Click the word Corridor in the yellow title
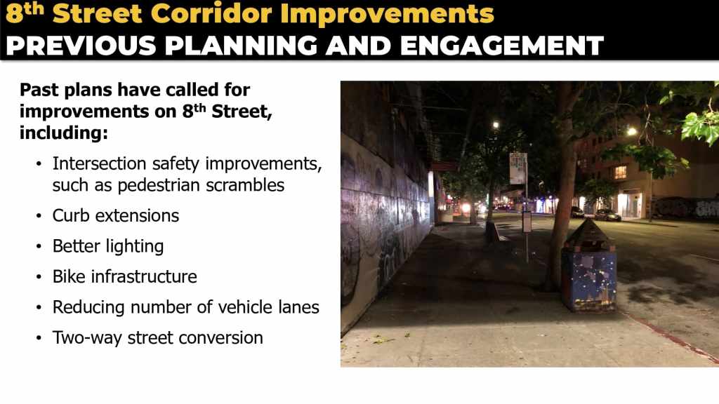(x=211, y=14)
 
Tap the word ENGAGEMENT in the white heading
(x=501, y=46)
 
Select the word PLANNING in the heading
(x=242, y=46)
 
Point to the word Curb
(x=71, y=215)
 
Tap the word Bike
(x=69, y=276)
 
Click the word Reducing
(x=88, y=307)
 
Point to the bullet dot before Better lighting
(x=39, y=247)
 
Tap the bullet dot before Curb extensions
(x=39, y=216)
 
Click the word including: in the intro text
(x=64, y=133)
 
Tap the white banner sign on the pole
(x=517, y=168)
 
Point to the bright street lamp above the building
(x=632, y=131)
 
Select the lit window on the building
(x=621, y=173)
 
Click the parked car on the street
(x=607, y=215)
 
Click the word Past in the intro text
(x=39, y=90)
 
